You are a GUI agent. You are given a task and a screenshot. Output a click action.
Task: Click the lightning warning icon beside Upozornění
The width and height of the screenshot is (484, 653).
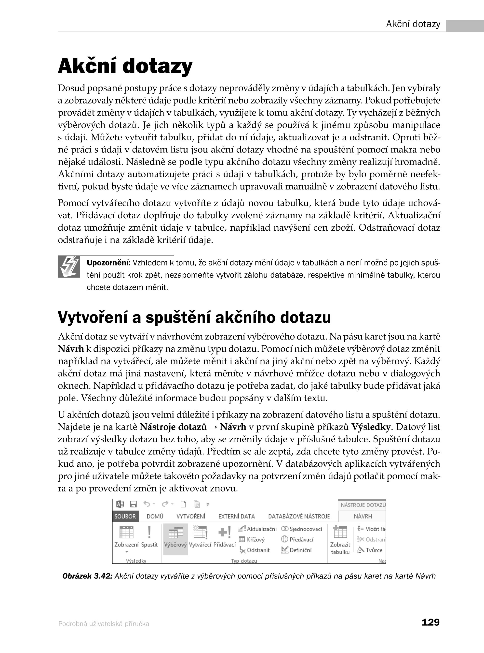pos(69,267)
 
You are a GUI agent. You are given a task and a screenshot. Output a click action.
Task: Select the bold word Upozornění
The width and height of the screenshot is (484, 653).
pos(108,263)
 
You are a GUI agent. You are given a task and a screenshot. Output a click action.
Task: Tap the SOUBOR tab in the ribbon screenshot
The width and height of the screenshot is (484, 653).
pos(125,516)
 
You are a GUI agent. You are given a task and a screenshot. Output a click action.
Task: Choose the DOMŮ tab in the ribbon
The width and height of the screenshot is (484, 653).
pos(155,516)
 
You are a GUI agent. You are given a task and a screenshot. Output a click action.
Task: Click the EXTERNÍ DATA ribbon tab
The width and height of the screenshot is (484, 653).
pos(236,516)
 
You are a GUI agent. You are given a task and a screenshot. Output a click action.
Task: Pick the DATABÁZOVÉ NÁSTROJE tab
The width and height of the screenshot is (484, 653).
pos(299,516)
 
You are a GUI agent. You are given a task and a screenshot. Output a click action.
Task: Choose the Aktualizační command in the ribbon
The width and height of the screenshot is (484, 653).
pos(258,529)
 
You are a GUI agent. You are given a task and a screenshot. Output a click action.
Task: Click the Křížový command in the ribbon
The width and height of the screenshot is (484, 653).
pos(252,539)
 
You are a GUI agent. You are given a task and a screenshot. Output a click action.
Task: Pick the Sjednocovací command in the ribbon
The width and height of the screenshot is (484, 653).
pos(302,529)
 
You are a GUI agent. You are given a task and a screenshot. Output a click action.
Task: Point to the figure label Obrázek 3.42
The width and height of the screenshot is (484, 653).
pos(87,576)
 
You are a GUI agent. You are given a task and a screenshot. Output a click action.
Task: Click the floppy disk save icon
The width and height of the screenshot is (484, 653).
pos(134,504)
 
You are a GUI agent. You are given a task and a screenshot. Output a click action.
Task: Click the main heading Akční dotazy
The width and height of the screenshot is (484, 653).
pos(125,66)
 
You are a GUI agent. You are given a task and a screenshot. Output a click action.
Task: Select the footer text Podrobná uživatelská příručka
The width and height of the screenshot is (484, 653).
pos(104,624)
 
